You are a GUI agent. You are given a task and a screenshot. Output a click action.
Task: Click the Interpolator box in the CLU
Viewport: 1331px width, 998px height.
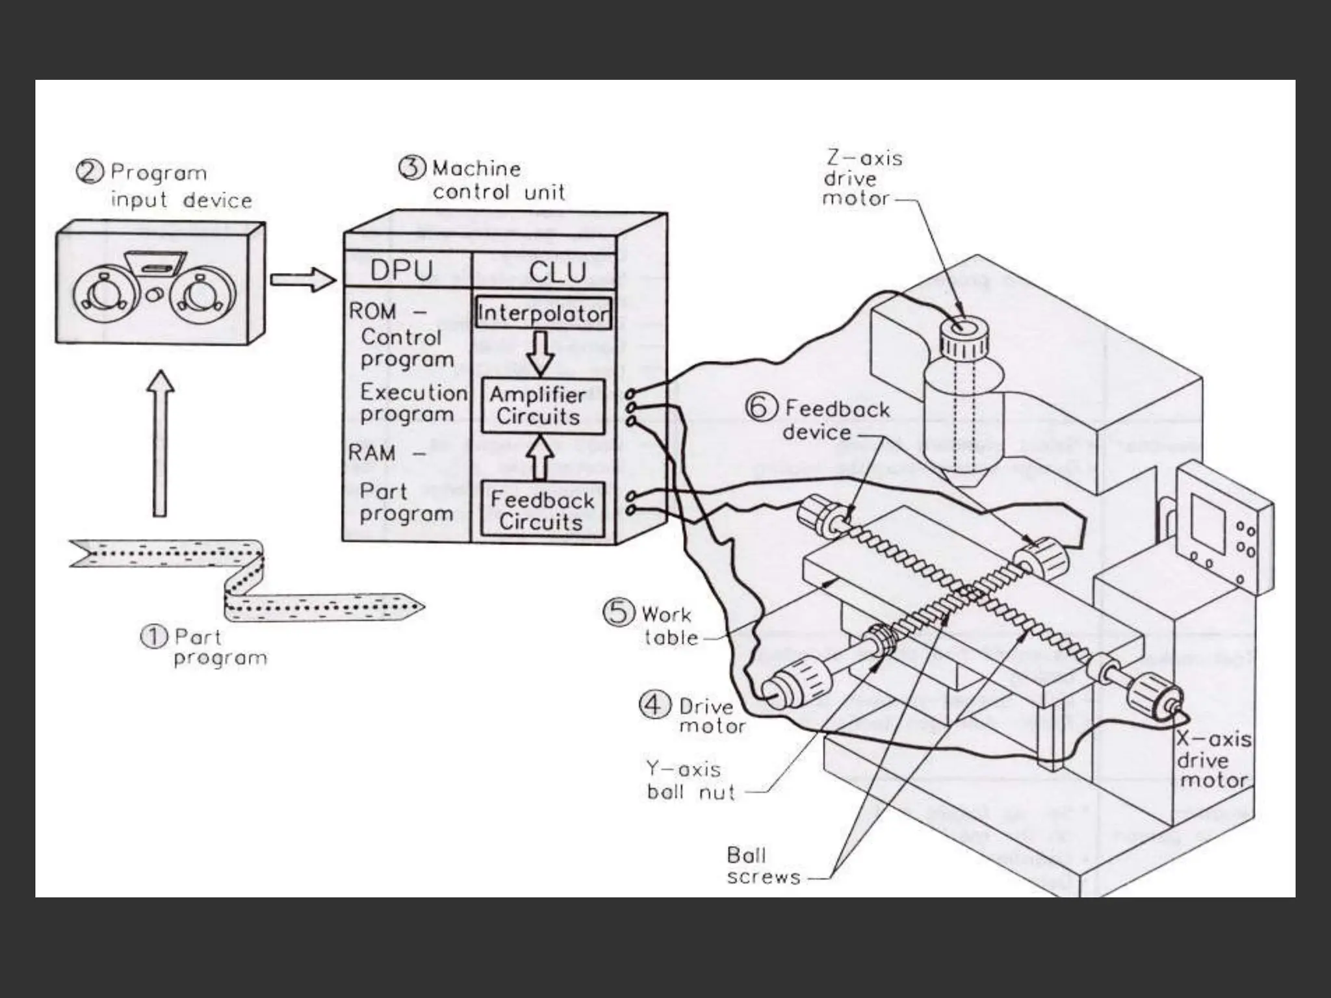click(543, 314)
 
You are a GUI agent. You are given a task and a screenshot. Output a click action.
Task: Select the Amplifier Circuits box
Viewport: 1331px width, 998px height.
click(542, 406)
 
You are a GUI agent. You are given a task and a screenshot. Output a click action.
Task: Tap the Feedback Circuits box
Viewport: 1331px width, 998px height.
click(542, 511)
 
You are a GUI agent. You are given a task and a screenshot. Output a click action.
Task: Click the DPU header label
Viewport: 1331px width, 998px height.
click(401, 271)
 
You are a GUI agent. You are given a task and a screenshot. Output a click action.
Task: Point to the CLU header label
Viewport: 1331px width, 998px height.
click(557, 272)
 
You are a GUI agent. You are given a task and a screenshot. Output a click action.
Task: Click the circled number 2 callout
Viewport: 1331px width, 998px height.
click(90, 172)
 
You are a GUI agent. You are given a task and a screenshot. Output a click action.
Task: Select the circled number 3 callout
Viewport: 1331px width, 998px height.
click(412, 168)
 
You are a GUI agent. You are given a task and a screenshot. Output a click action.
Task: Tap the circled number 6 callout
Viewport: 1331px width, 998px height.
click(762, 409)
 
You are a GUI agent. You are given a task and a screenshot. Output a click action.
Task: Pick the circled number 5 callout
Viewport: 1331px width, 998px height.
click(618, 613)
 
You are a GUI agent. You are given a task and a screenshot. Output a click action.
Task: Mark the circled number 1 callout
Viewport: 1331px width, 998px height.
click(154, 637)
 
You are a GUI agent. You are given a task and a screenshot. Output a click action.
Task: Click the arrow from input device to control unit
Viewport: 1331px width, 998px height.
click(303, 280)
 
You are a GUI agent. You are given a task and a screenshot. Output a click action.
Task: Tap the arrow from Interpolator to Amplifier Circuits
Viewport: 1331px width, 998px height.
click(540, 353)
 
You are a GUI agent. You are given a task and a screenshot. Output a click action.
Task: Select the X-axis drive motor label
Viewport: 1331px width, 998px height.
click(1213, 760)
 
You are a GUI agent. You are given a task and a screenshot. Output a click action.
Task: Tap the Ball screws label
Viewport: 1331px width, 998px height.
click(763, 865)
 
